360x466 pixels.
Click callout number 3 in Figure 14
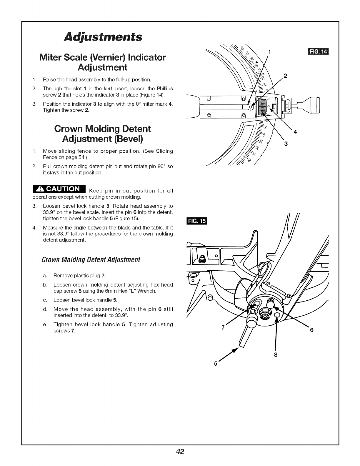[285, 144]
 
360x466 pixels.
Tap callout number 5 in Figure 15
[216, 364]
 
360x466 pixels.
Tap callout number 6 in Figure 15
[312, 330]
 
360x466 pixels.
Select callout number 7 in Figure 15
[223, 327]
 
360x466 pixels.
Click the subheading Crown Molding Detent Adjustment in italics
[91, 260]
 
